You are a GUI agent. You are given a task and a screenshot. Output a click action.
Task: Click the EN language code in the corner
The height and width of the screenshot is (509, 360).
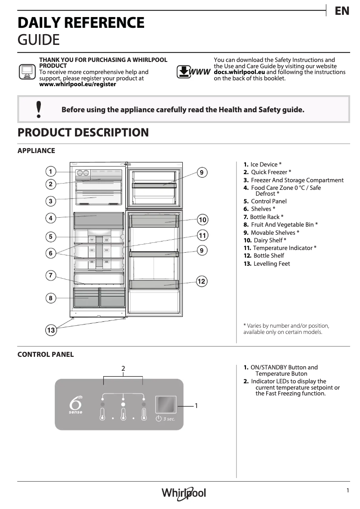click(342, 11)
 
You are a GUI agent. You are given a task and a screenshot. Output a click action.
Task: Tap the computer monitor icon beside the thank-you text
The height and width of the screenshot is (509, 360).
click(26, 71)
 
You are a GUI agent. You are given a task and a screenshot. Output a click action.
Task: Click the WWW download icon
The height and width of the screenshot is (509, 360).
click(193, 72)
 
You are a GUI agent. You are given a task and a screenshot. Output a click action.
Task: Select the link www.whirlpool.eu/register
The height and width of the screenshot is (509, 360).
click(78, 84)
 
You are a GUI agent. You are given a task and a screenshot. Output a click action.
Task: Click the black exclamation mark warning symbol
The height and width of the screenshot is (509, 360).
click(39, 110)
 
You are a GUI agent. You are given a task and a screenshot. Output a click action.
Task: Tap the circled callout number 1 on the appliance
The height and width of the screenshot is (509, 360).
click(51, 171)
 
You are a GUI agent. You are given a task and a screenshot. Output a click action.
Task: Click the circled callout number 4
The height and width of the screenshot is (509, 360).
click(51, 218)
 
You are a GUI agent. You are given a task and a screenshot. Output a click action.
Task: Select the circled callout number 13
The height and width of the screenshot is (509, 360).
click(51, 330)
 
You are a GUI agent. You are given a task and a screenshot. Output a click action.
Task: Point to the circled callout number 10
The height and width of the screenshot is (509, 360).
click(202, 219)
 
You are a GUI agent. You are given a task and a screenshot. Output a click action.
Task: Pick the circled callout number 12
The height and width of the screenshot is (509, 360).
click(202, 281)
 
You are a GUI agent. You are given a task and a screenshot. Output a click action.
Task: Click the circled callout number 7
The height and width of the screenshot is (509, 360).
click(51, 275)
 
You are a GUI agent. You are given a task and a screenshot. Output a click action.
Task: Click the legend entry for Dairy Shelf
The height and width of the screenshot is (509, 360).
click(269, 240)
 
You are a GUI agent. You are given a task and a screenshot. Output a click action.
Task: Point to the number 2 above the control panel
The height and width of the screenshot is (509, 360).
click(123, 369)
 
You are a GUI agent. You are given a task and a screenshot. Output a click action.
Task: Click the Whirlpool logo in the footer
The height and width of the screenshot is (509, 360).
click(184, 493)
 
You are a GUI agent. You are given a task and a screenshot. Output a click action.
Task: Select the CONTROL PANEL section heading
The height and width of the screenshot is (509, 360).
click(45, 354)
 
